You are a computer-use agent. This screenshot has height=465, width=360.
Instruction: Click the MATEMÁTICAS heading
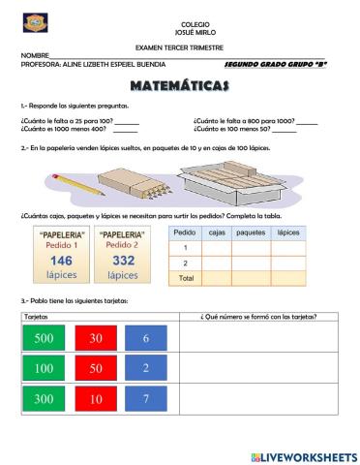179,86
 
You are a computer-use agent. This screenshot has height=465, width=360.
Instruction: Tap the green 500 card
44,339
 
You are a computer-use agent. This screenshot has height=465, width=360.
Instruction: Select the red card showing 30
95,339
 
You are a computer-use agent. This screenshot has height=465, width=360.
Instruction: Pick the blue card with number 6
145,339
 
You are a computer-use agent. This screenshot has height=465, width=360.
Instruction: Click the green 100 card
44,369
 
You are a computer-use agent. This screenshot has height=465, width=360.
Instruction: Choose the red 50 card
95,369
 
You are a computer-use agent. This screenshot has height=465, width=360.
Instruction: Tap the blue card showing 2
145,369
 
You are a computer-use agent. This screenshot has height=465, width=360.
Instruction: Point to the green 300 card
44,399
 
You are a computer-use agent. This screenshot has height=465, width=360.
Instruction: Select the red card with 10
95,399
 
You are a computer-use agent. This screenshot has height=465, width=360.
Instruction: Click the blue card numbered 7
145,399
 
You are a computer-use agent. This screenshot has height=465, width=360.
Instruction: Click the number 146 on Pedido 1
61,261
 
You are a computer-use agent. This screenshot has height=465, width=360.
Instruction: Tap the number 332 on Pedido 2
123,261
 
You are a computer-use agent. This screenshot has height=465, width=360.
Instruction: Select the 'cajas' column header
217,233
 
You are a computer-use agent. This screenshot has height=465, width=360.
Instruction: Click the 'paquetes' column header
251,233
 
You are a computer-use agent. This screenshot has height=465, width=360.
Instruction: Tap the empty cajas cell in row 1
217,248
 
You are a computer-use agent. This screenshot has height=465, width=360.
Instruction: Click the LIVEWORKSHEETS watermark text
309,455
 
